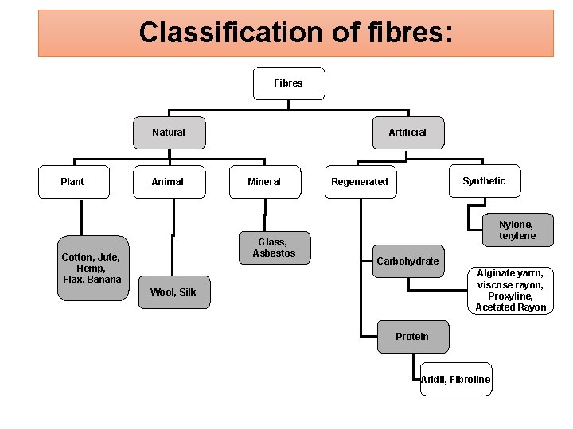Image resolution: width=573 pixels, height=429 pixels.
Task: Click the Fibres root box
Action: (x=288, y=83)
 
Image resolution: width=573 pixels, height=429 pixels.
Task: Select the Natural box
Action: (x=169, y=133)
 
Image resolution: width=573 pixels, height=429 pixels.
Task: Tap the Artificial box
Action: (x=407, y=133)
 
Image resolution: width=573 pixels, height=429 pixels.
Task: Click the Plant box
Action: (x=72, y=182)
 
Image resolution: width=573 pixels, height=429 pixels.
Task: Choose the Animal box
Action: (x=168, y=182)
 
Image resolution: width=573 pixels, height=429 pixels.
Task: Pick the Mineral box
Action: (x=264, y=182)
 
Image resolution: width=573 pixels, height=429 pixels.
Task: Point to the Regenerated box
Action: (x=360, y=182)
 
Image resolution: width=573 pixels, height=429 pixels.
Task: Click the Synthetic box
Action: (x=484, y=181)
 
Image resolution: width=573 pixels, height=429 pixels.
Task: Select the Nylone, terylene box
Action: (x=516, y=230)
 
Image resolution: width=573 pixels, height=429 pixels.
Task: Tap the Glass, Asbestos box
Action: (x=274, y=248)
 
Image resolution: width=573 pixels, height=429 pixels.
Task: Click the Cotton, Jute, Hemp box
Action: (x=92, y=268)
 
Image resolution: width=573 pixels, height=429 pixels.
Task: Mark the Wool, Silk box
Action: (x=173, y=292)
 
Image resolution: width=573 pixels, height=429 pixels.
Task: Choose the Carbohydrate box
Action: (x=407, y=261)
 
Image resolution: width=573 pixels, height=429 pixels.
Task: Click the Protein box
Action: (x=412, y=337)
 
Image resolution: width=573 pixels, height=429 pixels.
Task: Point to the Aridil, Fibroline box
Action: (x=456, y=380)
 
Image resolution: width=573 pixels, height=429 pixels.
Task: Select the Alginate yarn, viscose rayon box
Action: (x=511, y=290)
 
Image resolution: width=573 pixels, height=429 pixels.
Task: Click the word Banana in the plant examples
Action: (x=104, y=280)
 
